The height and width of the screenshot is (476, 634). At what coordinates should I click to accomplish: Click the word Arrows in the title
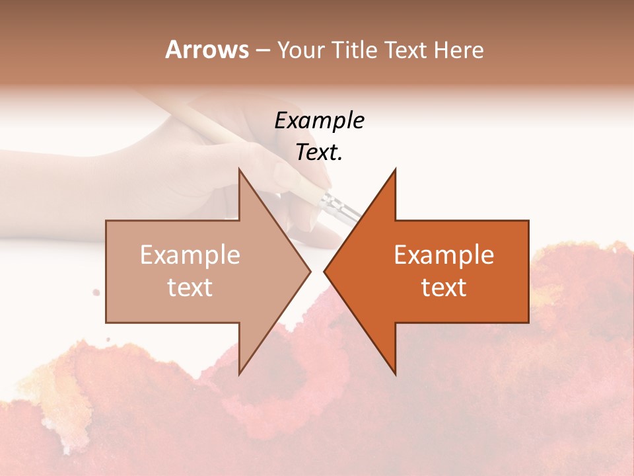click(207, 50)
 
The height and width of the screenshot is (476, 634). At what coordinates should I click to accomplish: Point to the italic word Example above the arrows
click(319, 120)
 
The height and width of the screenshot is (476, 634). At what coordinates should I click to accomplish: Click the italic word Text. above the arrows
click(319, 153)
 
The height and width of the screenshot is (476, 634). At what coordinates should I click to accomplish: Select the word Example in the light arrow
click(190, 255)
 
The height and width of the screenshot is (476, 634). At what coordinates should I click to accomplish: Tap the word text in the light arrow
click(190, 287)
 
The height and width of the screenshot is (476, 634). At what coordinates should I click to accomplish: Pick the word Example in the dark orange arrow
click(444, 255)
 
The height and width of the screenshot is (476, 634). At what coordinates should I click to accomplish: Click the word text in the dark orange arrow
click(444, 287)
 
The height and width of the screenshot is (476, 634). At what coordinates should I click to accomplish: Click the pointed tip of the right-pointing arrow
click(310, 271)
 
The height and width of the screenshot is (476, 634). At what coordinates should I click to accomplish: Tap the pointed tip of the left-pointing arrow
click(324, 271)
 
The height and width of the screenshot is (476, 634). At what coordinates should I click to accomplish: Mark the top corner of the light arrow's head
click(239, 169)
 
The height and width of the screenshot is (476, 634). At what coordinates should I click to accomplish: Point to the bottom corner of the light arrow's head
click(239, 374)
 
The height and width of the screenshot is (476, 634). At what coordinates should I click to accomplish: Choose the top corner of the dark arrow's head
click(395, 169)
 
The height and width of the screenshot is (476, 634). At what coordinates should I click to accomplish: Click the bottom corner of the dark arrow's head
click(395, 374)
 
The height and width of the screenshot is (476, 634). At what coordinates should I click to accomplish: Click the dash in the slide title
click(262, 50)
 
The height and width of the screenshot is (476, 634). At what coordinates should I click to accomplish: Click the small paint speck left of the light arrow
click(96, 292)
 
